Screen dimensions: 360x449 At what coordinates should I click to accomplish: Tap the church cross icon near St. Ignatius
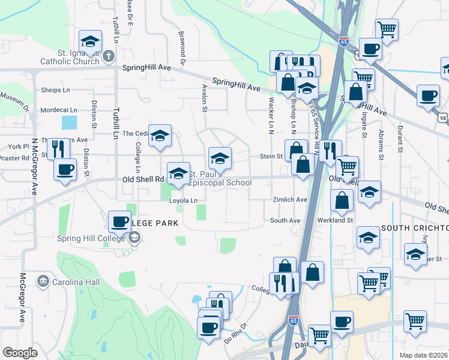coord(108,57)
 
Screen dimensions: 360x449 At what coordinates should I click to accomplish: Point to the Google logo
coord(20,353)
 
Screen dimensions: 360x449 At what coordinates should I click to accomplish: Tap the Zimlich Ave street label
coord(289,200)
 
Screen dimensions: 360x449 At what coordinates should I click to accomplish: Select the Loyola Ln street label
coord(183,200)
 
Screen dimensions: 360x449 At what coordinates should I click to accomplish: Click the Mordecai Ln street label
coord(59,110)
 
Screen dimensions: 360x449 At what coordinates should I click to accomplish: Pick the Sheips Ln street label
coord(56,90)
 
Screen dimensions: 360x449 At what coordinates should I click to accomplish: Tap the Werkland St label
coord(336,221)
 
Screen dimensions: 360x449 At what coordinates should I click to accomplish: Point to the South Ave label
coord(285,221)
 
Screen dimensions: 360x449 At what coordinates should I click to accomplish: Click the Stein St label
coord(271,157)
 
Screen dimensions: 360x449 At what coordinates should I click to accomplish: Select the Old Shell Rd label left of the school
coord(143,179)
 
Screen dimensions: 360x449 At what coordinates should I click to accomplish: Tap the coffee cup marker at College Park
coord(119,221)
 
